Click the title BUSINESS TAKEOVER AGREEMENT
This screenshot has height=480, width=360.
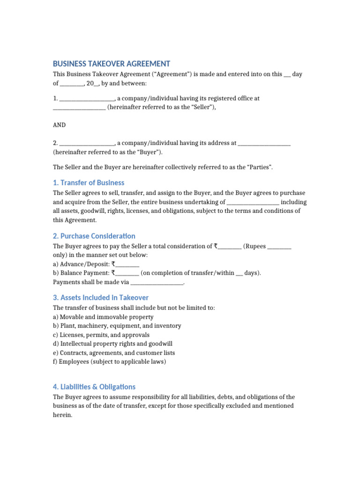pyautogui.click(x=111, y=64)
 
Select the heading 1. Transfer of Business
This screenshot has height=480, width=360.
pyautogui.click(x=89, y=182)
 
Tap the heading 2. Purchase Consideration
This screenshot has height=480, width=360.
pyautogui.click(x=94, y=236)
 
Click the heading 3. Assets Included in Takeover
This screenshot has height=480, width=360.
pyautogui.click(x=100, y=297)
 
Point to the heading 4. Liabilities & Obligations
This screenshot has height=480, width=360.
pyautogui.click(x=94, y=387)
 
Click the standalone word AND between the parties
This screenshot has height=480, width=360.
pyautogui.click(x=60, y=125)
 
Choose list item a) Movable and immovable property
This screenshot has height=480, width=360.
pyautogui.click(x=103, y=317)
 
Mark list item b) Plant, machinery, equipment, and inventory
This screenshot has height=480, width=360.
pyautogui.click(x=117, y=326)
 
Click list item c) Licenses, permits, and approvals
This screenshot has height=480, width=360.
pyautogui.click(x=101, y=335)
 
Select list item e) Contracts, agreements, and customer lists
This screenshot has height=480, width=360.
pyautogui.click(x=114, y=353)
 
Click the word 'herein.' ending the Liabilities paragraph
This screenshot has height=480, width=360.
pyautogui.click(x=62, y=415)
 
